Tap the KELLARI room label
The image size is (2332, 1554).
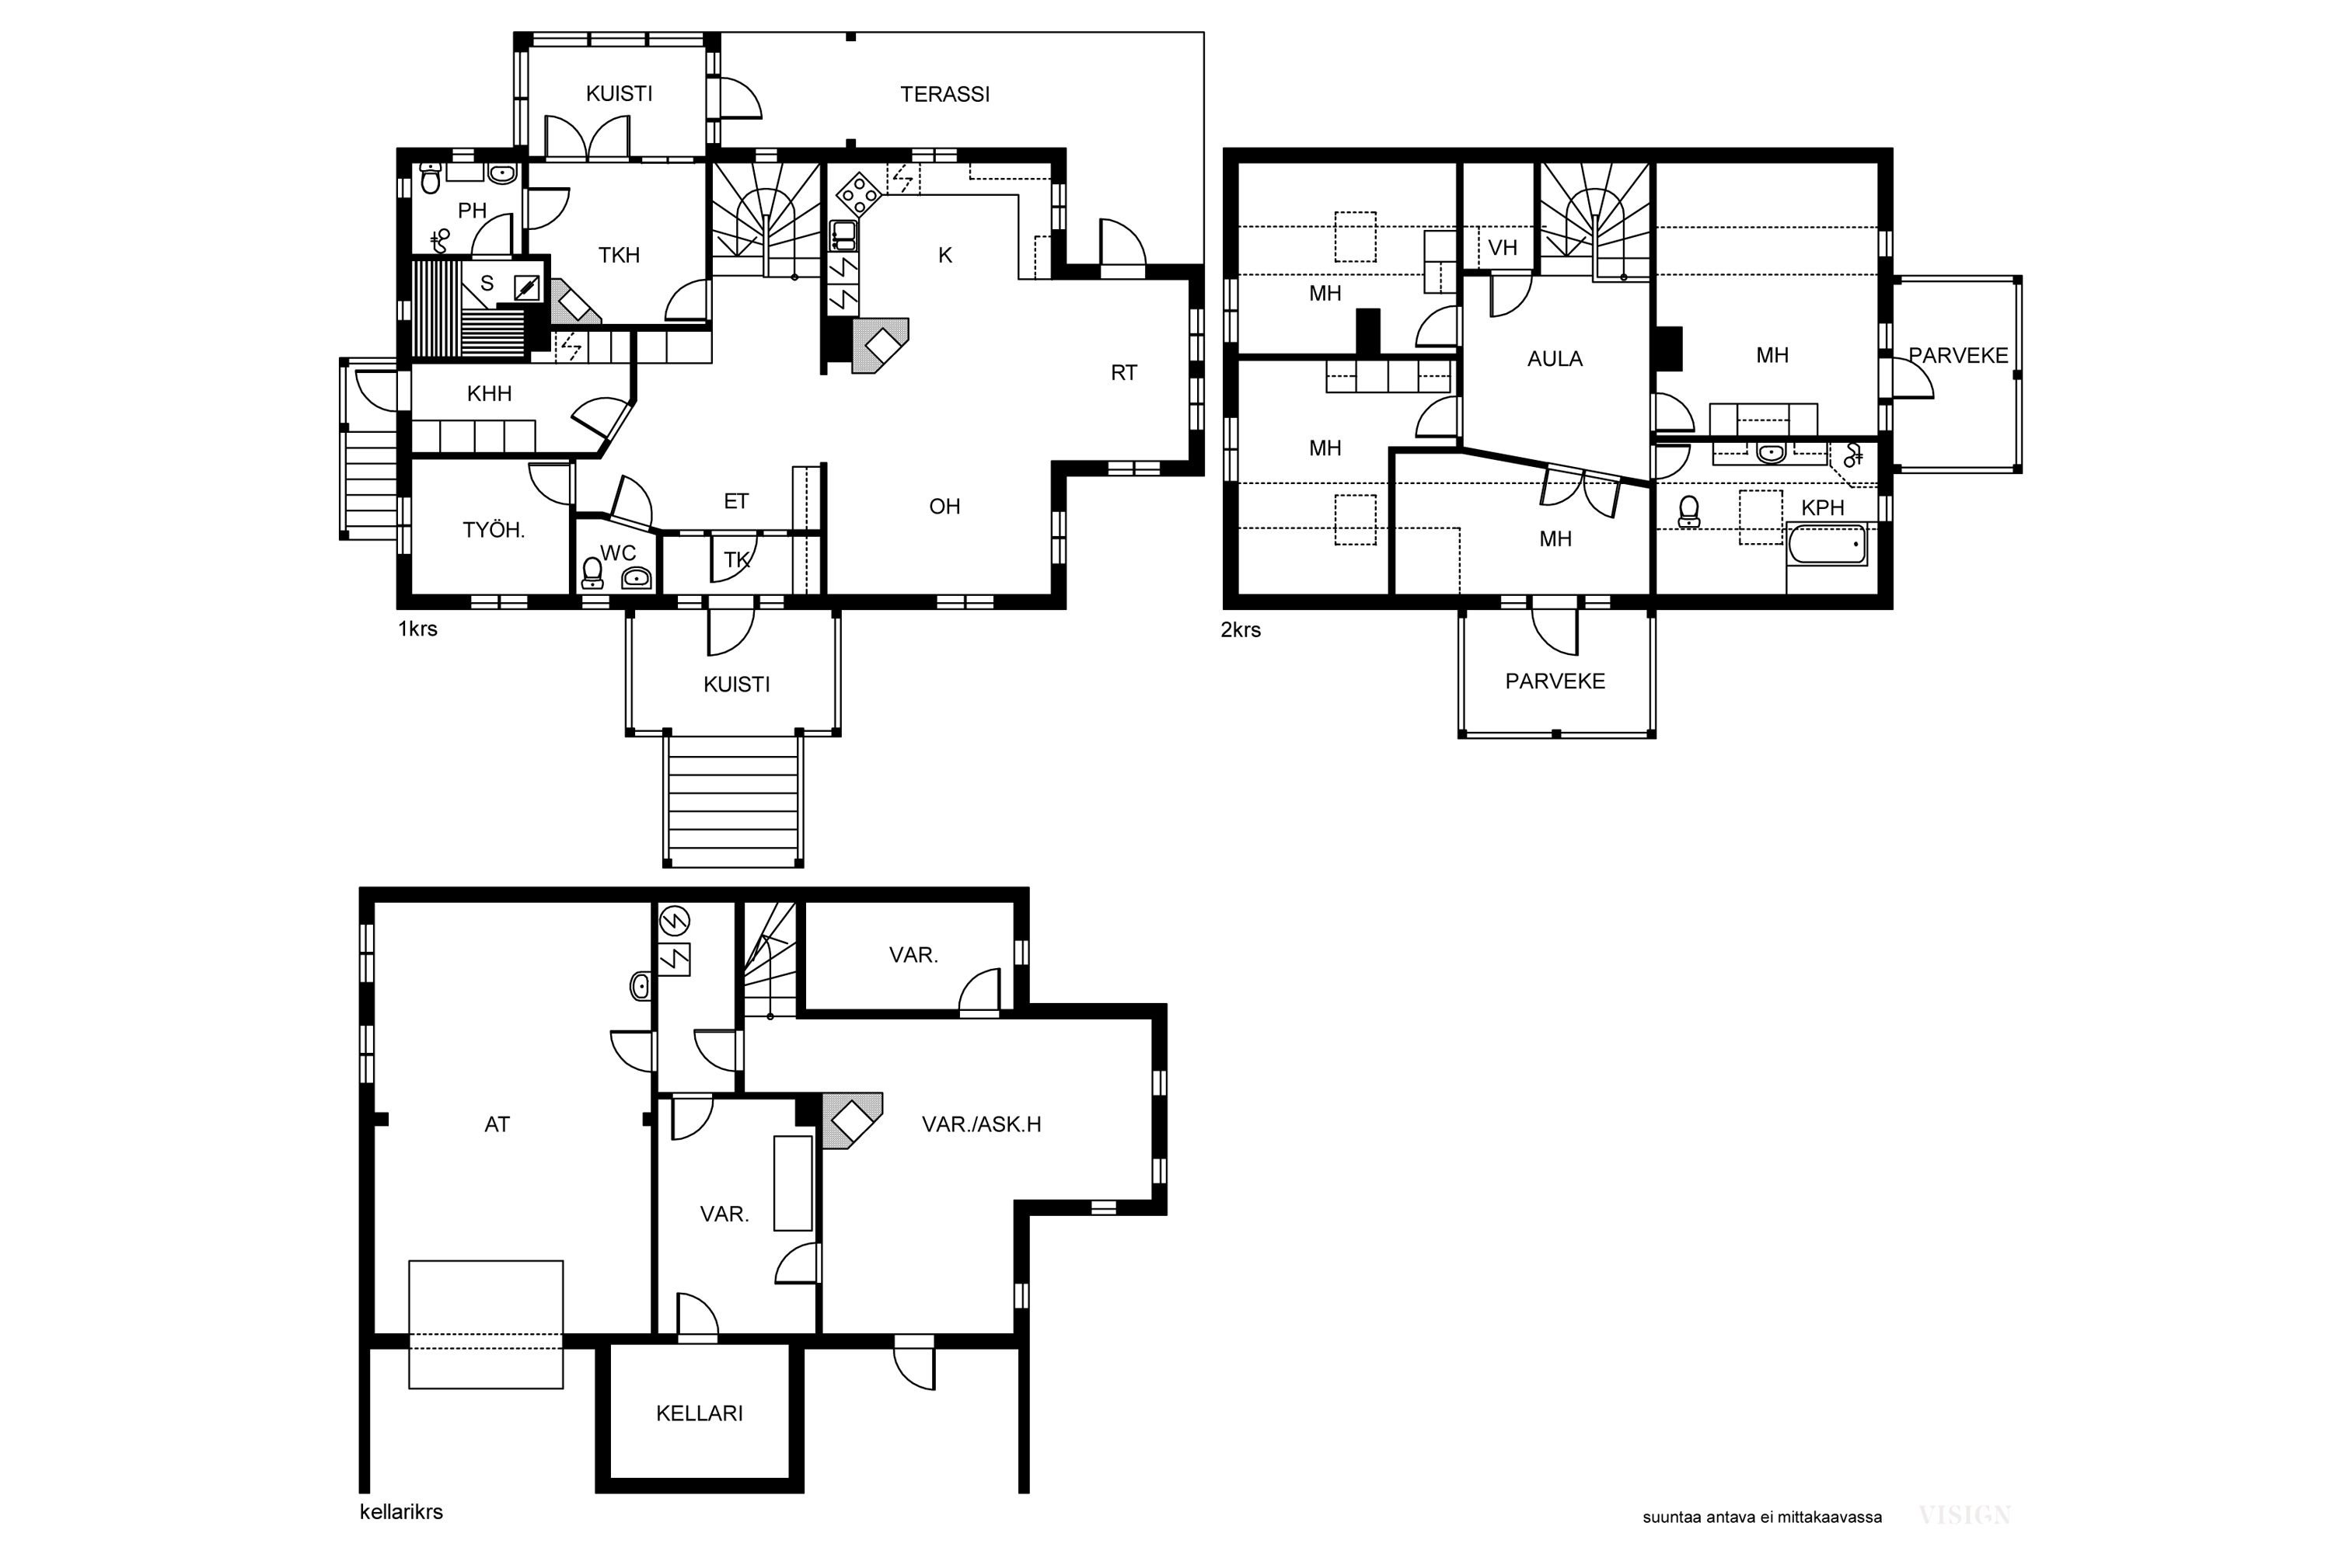699,1413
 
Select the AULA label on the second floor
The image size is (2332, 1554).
1555,359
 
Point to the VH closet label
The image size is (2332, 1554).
1502,248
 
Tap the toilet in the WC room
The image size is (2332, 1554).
592,573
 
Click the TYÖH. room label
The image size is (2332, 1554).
493,530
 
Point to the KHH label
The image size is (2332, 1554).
489,393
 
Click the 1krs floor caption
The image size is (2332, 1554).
417,629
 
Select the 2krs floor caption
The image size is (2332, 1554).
1241,629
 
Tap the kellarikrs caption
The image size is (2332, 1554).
400,1511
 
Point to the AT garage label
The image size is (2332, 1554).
497,1124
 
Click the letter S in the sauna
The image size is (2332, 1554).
487,284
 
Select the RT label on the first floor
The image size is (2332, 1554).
1123,373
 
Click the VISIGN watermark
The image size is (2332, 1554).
1964,1514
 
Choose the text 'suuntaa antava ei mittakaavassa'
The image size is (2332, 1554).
1762,1517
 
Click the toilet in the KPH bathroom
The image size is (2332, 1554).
1688,511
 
